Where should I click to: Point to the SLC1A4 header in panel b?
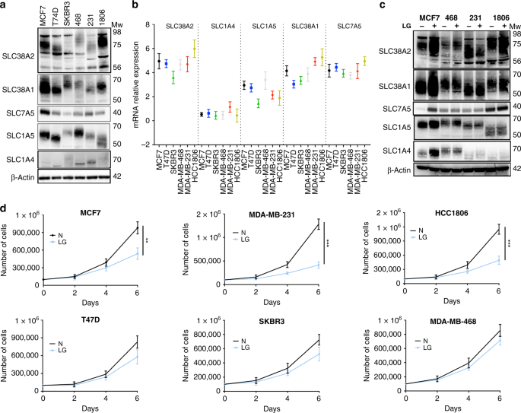click(218, 26)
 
